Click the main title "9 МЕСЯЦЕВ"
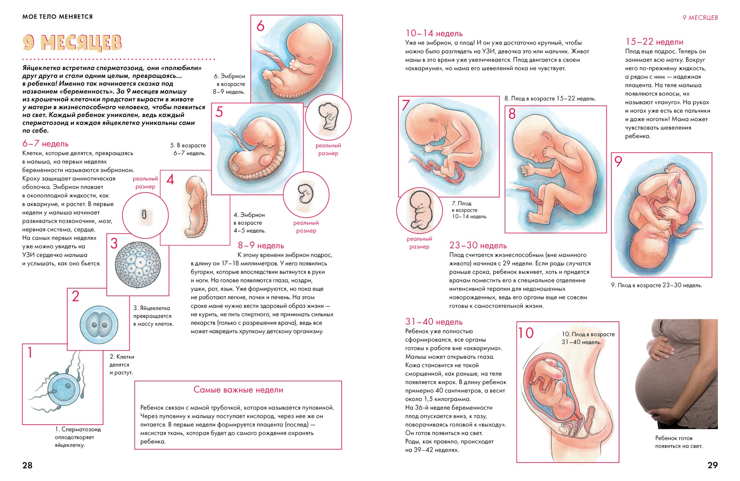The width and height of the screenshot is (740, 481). [72, 43]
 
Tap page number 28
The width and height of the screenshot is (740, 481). [27, 465]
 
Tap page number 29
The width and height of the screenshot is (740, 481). [713, 465]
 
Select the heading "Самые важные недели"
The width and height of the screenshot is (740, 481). [238, 390]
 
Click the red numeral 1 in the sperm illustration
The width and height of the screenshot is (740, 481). [30, 352]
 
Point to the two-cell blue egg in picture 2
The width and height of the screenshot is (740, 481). [99, 324]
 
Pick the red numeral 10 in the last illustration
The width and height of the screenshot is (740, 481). [526, 333]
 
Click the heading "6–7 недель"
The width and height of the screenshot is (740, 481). [46, 144]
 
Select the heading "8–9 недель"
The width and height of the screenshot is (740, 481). [261, 246]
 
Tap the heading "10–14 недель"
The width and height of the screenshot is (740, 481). [434, 33]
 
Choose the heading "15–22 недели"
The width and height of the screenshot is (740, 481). [654, 42]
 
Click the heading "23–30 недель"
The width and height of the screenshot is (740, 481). [478, 246]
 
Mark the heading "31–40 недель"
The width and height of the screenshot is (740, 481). [434, 322]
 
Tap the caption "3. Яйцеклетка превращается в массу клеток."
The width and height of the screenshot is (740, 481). [153, 316]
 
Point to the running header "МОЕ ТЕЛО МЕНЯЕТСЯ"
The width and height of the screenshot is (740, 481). [57, 17]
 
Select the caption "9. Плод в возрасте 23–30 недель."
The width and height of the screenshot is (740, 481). [656, 285]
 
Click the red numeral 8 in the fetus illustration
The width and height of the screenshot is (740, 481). [512, 113]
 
